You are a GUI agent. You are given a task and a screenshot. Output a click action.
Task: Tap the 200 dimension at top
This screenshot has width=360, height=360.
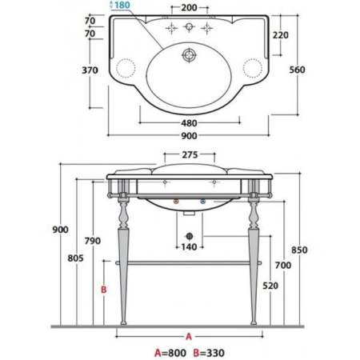click(189, 8)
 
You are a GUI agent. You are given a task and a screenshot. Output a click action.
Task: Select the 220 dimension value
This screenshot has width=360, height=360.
click(281, 35)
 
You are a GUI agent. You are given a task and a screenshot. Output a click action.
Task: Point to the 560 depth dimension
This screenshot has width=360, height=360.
click(297, 70)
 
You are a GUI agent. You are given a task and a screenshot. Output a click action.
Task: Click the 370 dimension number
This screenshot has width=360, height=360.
click(90, 70)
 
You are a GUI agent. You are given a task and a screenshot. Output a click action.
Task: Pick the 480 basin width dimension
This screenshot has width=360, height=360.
click(189, 123)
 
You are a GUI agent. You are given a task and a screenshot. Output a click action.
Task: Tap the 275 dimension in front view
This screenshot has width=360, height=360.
click(190, 154)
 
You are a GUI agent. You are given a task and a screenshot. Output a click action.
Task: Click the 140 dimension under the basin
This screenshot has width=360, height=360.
click(189, 247)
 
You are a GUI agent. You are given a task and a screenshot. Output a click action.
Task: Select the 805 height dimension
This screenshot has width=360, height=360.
click(75, 258)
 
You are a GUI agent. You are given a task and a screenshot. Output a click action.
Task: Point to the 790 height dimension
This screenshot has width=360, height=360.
click(93, 241)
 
